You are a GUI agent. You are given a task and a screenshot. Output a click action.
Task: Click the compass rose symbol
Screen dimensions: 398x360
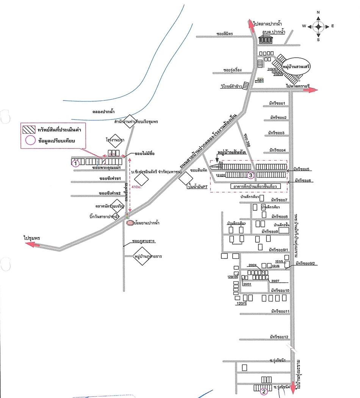tap(318, 26)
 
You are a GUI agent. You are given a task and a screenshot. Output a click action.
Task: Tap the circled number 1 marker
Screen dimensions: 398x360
tap(75, 163)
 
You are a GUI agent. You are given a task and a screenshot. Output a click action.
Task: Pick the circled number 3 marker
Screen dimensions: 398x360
tap(250, 175)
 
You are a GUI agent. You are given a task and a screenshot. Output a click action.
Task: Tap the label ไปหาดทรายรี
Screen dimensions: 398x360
tap(298, 86)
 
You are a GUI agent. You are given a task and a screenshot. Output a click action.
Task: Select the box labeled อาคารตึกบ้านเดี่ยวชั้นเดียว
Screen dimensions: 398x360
tap(255, 187)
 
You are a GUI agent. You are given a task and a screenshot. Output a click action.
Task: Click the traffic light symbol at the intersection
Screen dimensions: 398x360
tap(127, 216)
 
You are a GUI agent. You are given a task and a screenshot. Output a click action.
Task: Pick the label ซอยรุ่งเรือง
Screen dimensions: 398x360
tap(232, 70)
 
